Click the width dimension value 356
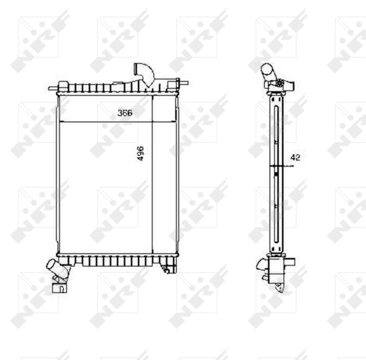tap(125, 112)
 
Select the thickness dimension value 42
tap(295, 157)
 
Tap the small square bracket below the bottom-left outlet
tap(59, 287)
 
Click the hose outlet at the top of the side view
tap(268, 72)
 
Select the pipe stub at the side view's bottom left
tap(262, 264)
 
